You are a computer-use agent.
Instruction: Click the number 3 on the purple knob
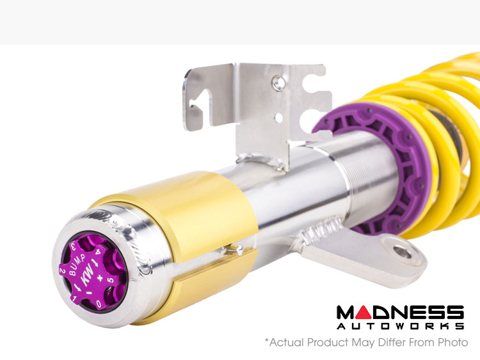coord(74,246)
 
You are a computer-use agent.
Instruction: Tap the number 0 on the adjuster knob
coord(99,304)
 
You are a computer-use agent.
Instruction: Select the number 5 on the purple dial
coord(111,281)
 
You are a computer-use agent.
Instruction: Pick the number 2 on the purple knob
coord(62,270)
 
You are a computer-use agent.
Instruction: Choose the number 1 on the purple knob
coord(74,297)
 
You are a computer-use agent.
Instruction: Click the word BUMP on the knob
coord(77,264)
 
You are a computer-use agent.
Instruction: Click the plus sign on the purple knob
coord(100,278)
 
